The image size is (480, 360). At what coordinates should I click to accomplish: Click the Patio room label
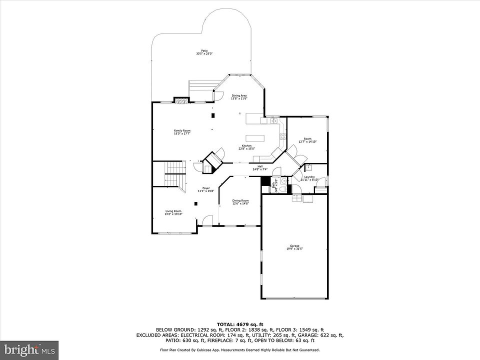(x=204, y=50)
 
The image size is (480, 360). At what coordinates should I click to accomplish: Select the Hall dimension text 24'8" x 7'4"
(x=260, y=169)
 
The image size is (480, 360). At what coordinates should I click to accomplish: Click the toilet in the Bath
(x=282, y=188)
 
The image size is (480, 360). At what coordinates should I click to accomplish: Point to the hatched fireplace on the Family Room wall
(x=181, y=100)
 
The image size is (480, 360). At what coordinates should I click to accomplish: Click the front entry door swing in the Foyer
(x=205, y=220)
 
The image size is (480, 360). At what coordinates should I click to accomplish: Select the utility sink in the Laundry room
(x=308, y=166)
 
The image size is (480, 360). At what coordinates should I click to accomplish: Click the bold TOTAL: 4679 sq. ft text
(x=239, y=324)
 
